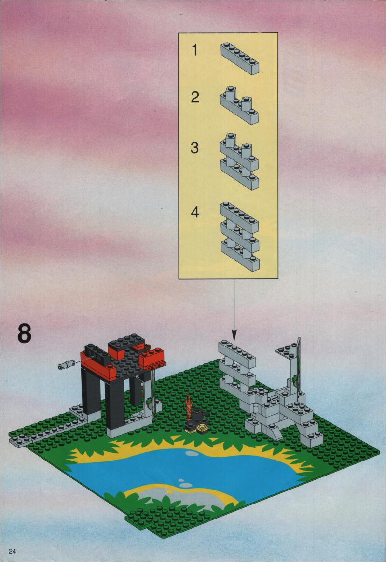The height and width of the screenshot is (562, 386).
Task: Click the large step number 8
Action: coord(24,334)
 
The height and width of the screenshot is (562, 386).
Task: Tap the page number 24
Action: coord(13,551)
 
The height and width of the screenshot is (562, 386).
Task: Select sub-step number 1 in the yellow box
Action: coord(194,50)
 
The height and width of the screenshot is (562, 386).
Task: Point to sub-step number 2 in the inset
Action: coord(194,97)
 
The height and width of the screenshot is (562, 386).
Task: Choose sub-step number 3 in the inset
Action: coord(194,148)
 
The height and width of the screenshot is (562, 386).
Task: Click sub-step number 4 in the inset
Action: coord(194,212)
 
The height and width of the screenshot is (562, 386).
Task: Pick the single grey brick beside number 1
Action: coord(239,58)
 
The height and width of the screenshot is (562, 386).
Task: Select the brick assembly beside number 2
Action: coord(239,105)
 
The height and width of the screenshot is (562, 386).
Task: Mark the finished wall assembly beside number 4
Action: coord(239,236)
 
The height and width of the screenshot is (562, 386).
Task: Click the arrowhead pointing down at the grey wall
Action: coord(234,337)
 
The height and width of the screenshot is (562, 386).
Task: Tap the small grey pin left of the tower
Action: coord(66,364)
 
